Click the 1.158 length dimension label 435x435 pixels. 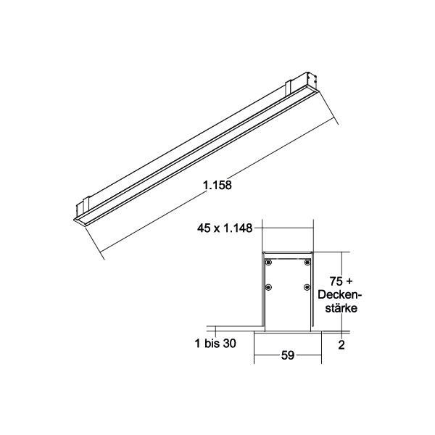click(x=217, y=186)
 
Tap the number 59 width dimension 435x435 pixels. click(x=288, y=356)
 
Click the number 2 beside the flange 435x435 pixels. click(x=341, y=346)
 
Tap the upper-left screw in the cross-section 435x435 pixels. click(x=269, y=262)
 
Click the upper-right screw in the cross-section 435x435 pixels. click(x=307, y=262)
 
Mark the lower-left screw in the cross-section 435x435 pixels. click(x=269, y=288)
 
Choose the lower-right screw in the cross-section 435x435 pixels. click(x=307, y=288)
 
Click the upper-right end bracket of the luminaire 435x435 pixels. click(x=312, y=78)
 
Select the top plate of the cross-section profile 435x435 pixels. click(x=288, y=254)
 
